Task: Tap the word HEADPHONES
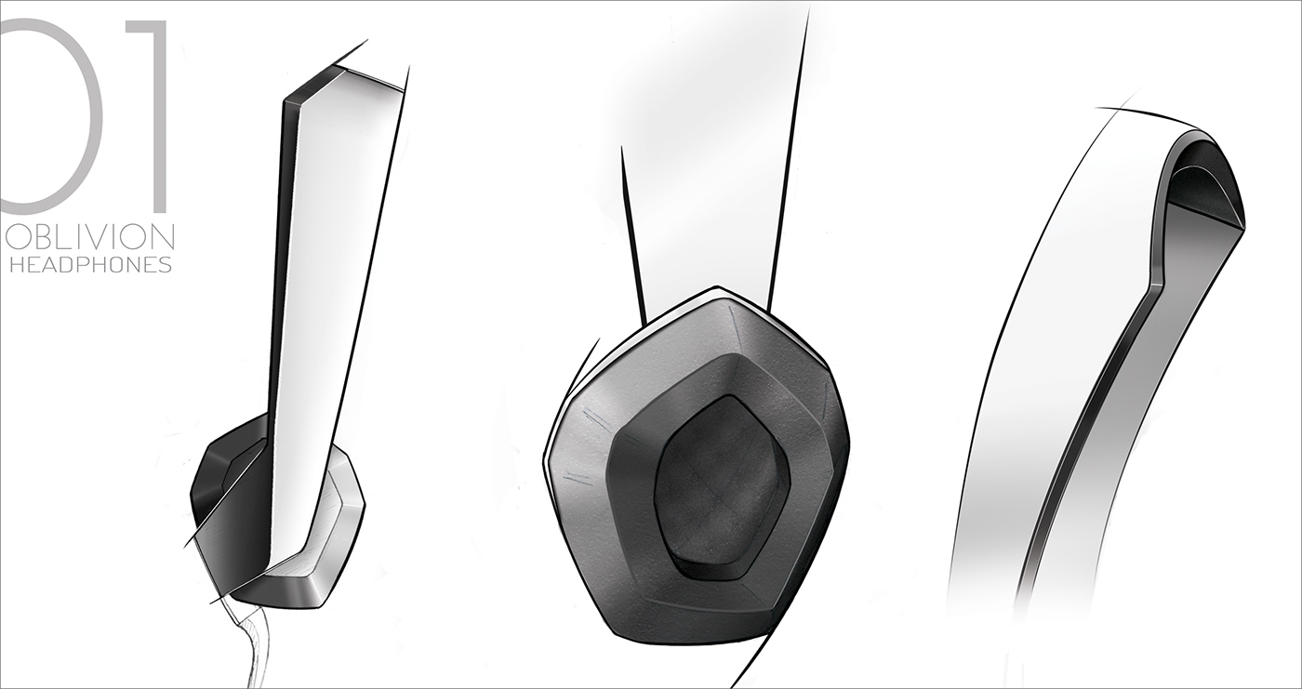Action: [x=90, y=265]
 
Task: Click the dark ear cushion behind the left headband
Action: [x=219, y=484]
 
